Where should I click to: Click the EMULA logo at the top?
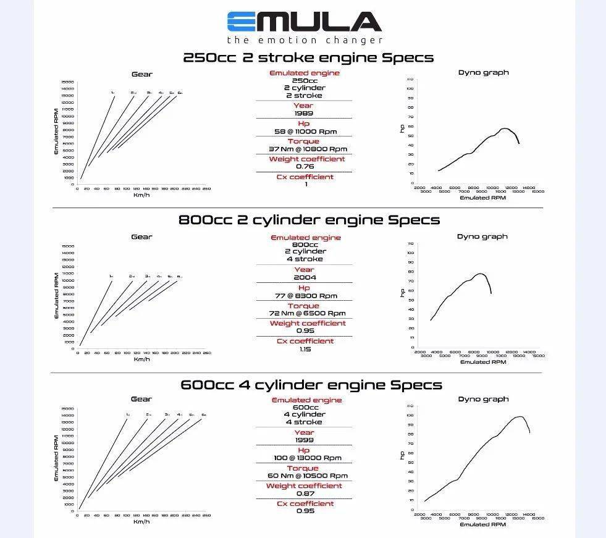[304, 22]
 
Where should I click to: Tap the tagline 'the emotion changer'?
[305, 40]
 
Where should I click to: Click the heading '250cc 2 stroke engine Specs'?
[308, 57]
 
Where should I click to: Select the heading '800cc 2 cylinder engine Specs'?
[309, 220]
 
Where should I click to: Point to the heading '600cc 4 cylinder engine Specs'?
[311, 385]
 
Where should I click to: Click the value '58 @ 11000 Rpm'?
[306, 132]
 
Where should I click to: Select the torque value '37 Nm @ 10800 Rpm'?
[308, 149]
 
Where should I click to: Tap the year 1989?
[303, 113]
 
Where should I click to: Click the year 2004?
[305, 277]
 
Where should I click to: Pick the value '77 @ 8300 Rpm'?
[306, 296]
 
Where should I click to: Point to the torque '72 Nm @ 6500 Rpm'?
[307, 313]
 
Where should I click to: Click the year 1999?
[304, 440]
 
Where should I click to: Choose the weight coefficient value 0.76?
[305, 166]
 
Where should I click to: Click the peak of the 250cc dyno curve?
[505, 128]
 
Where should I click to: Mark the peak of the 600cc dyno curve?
[519, 416]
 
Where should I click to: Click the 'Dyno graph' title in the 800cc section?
[482, 237]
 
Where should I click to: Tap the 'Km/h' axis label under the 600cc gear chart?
[141, 522]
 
